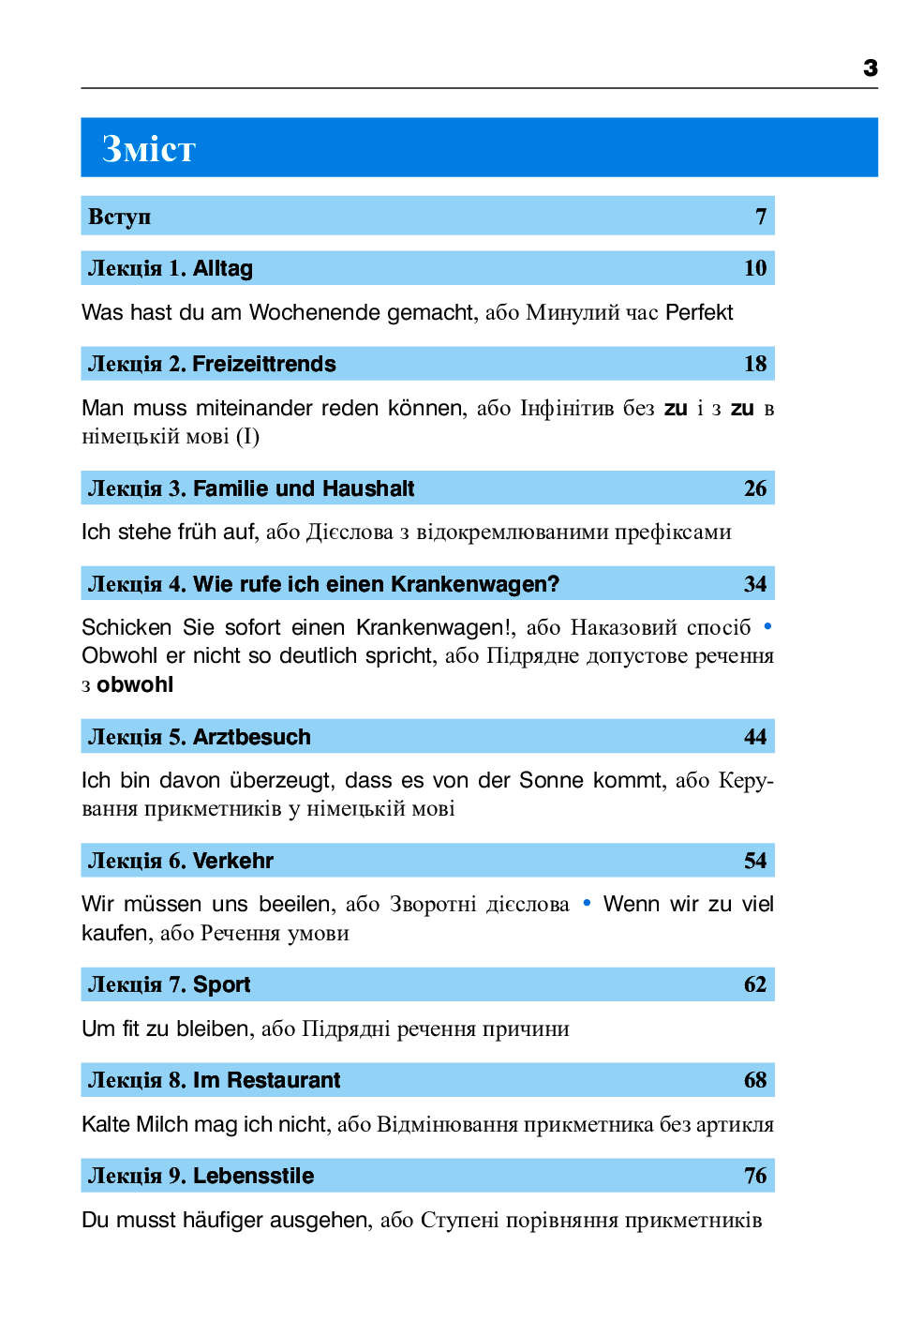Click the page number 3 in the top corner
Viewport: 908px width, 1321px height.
(x=871, y=68)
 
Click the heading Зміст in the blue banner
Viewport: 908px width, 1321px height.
(x=149, y=149)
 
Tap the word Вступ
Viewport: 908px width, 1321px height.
(x=119, y=217)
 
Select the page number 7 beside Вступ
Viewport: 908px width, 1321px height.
(x=761, y=217)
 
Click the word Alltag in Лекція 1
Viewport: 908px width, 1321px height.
(x=223, y=268)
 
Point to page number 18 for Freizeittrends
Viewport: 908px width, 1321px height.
(x=755, y=364)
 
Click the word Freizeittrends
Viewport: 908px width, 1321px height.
(x=264, y=364)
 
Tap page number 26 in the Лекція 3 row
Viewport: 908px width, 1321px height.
(x=755, y=488)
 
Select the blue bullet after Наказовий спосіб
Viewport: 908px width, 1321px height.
(x=767, y=626)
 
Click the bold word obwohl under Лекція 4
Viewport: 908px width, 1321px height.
(x=135, y=684)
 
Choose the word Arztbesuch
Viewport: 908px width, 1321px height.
(x=252, y=737)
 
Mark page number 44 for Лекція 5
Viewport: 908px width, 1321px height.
(x=755, y=737)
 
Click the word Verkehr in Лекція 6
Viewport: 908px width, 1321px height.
(x=233, y=861)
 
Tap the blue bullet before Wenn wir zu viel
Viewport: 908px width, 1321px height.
(x=587, y=903)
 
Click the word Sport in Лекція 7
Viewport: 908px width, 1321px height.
(x=222, y=984)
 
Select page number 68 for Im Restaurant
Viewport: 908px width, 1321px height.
(x=755, y=1080)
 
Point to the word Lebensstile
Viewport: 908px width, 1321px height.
(x=254, y=1176)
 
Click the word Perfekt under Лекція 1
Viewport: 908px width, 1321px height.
(x=699, y=312)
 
